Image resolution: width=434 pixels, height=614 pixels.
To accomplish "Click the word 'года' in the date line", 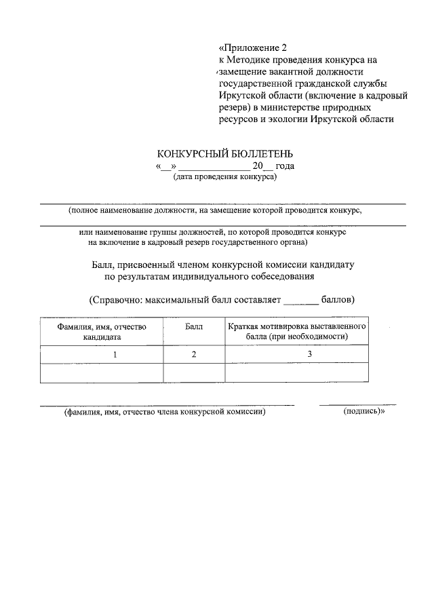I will [x=284, y=166].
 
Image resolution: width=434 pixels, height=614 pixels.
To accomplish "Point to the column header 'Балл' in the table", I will [x=194, y=326].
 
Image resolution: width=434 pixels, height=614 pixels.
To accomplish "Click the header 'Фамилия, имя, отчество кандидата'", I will [x=102, y=331].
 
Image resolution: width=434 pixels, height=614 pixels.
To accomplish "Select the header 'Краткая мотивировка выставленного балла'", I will [x=297, y=331].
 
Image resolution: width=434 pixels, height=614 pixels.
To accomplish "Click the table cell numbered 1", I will [x=115, y=354].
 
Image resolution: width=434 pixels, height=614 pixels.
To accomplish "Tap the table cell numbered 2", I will [x=194, y=354].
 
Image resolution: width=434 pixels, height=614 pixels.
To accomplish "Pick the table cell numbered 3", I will [x=309, y=354].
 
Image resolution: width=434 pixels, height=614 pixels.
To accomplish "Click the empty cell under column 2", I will [x=194, y=372].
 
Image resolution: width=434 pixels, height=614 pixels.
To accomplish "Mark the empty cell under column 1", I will [x=102, y=372].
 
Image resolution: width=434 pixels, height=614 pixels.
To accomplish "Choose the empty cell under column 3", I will [x=297, y=372].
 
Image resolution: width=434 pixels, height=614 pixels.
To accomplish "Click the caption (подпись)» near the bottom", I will [x=364, y=411].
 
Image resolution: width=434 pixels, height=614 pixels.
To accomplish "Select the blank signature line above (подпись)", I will [x=358, y=404].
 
